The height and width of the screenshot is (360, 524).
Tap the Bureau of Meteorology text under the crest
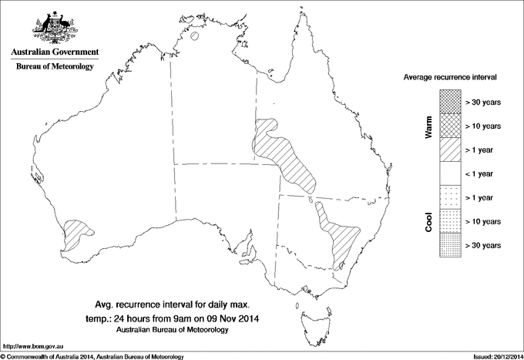click(54, 67)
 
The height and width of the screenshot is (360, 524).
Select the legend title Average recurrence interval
click(451, 78)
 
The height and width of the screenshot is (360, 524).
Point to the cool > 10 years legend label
click(483, 221)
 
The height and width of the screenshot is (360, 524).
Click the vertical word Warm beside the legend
click(428, 126)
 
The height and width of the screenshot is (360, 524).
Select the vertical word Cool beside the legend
click(428, 221)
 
